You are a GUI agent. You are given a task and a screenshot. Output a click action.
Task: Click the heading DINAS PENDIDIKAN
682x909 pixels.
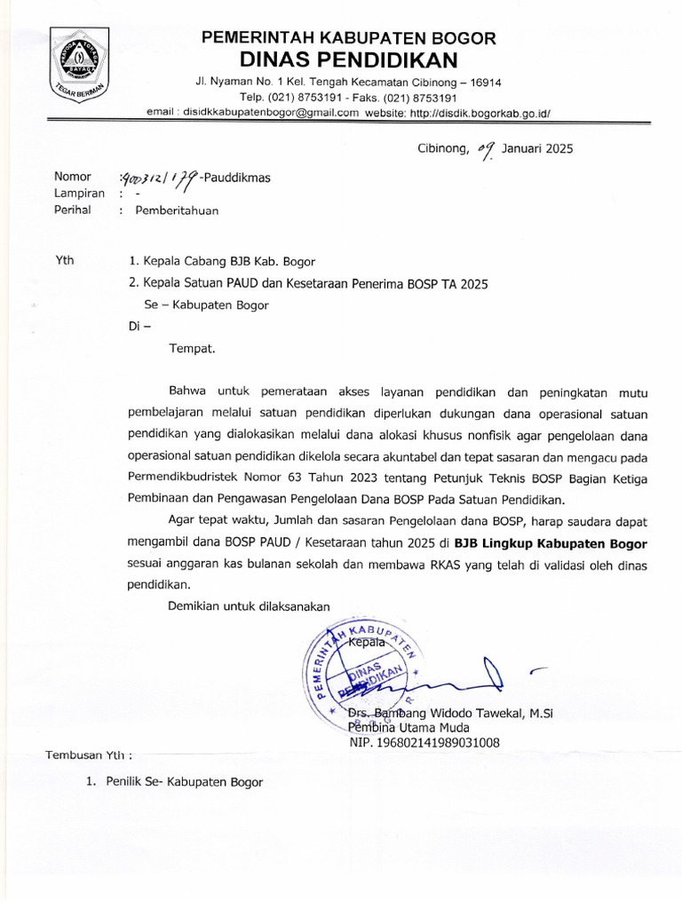349,59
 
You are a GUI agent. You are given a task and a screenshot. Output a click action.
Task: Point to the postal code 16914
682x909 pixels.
484,83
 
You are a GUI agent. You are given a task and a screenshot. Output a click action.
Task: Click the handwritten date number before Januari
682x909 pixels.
485,148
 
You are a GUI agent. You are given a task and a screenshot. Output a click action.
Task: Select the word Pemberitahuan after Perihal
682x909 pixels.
176,210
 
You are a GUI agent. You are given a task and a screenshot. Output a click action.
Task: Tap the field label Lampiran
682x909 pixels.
80,194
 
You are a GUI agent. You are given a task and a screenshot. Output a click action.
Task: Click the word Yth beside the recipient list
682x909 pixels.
64,261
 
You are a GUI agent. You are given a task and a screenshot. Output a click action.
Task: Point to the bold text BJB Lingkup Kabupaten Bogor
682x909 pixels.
551,543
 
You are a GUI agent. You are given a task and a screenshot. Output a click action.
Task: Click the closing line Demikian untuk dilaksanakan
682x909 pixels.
250,605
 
